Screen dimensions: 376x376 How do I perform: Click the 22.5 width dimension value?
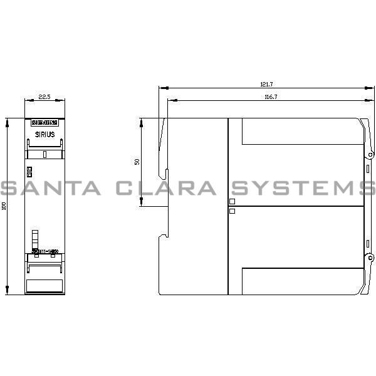pyautogui.click(x=44, y=97)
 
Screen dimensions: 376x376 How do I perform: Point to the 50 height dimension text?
pyautogui.click(x=137, y=162)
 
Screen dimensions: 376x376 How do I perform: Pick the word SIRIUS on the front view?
pyautogui.click(x=44, y=134)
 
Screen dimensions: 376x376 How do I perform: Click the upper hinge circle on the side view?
pyautogui.click(x=370, y=154)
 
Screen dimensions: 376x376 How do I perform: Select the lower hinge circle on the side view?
pyautogui.click(x=370, y=257)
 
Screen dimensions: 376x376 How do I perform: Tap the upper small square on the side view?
pyautogui.click(x=232, y=201)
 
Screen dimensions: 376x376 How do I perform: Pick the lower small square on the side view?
pyautogui.click(x=232, y=211)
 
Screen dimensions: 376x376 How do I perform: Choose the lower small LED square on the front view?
pyautogui.click(x=29, y=175)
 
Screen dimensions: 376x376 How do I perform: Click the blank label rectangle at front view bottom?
pyautogui.click(x=44, y=285)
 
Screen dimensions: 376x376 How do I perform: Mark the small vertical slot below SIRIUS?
pyautogui.click(x=44, y=154)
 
